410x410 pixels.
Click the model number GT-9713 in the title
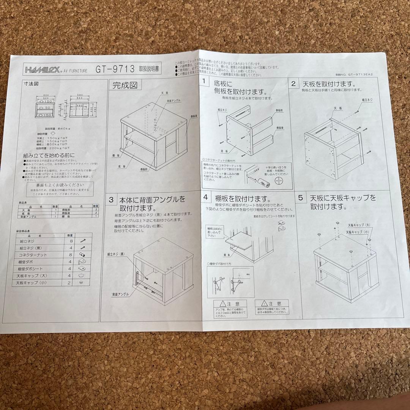pos(115,69)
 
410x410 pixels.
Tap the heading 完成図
pos(125,86)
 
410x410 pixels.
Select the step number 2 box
pos(293,84)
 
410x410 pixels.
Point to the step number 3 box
pos(111,199)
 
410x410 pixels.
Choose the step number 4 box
pos(205,197)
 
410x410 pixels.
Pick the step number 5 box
pos(300,198)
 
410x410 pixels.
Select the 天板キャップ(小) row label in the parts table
pos(33,283)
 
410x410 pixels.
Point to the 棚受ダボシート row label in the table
pos(32,269)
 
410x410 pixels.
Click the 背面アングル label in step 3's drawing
pos(120,294)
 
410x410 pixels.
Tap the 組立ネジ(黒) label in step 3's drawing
pos(116,254)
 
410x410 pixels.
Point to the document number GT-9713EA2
pos(355,75)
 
